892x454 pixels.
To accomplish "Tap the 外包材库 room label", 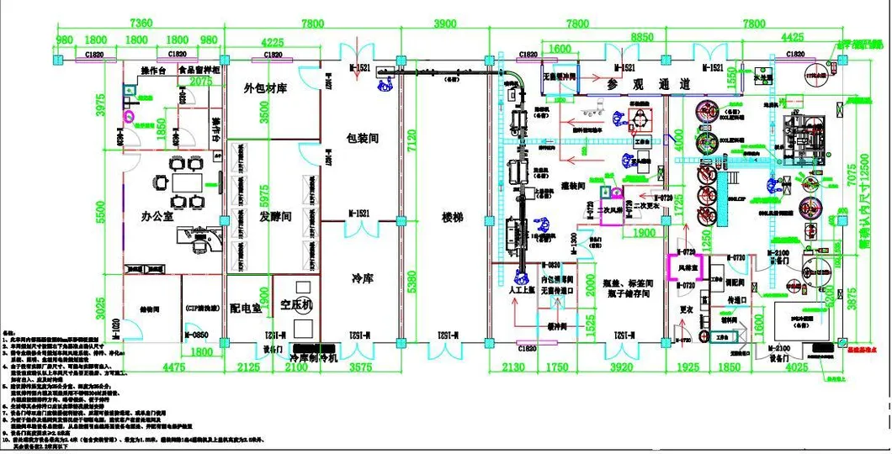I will point(267,88).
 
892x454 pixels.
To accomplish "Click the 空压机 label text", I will point(296,304).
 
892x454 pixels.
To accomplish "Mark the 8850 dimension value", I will point(641,37).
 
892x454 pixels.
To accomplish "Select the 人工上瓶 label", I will point(523,291).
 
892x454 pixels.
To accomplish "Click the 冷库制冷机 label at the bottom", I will point(312,357).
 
